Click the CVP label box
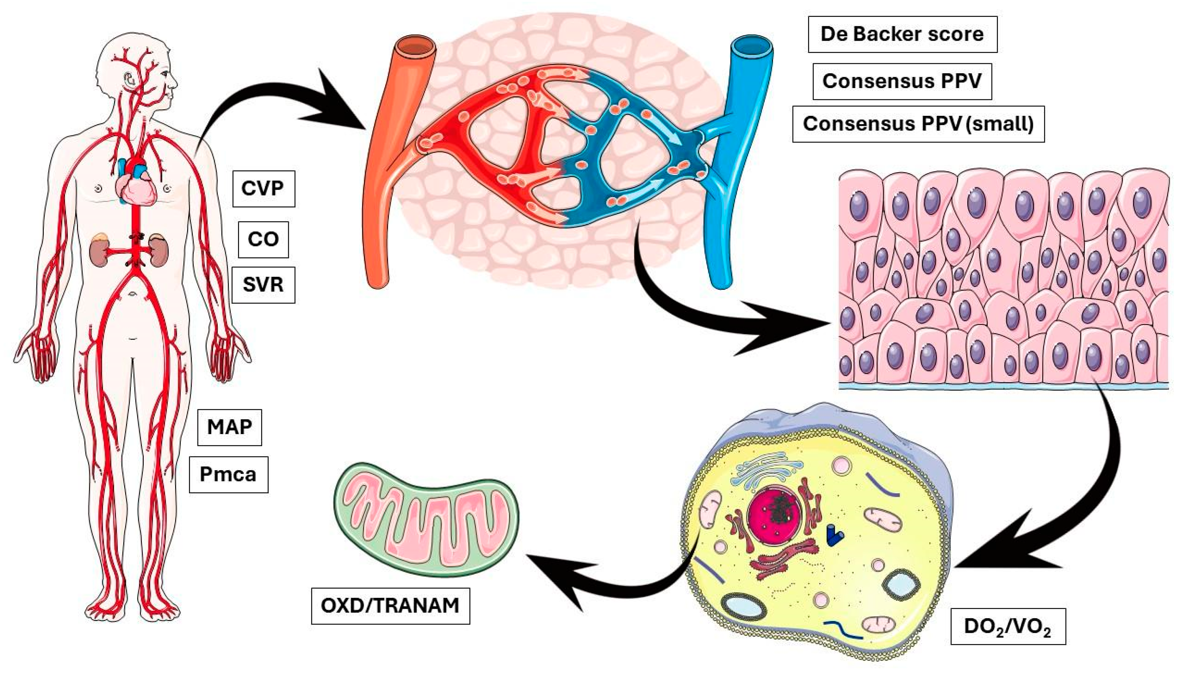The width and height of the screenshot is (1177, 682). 264,189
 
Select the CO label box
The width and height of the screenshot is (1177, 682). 263,240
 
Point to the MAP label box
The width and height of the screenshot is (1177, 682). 229,427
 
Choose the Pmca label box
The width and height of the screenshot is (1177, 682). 229,475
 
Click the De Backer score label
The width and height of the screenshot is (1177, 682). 902,34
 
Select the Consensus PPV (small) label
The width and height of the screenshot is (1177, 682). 918,124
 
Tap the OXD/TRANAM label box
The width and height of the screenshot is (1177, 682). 390,606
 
